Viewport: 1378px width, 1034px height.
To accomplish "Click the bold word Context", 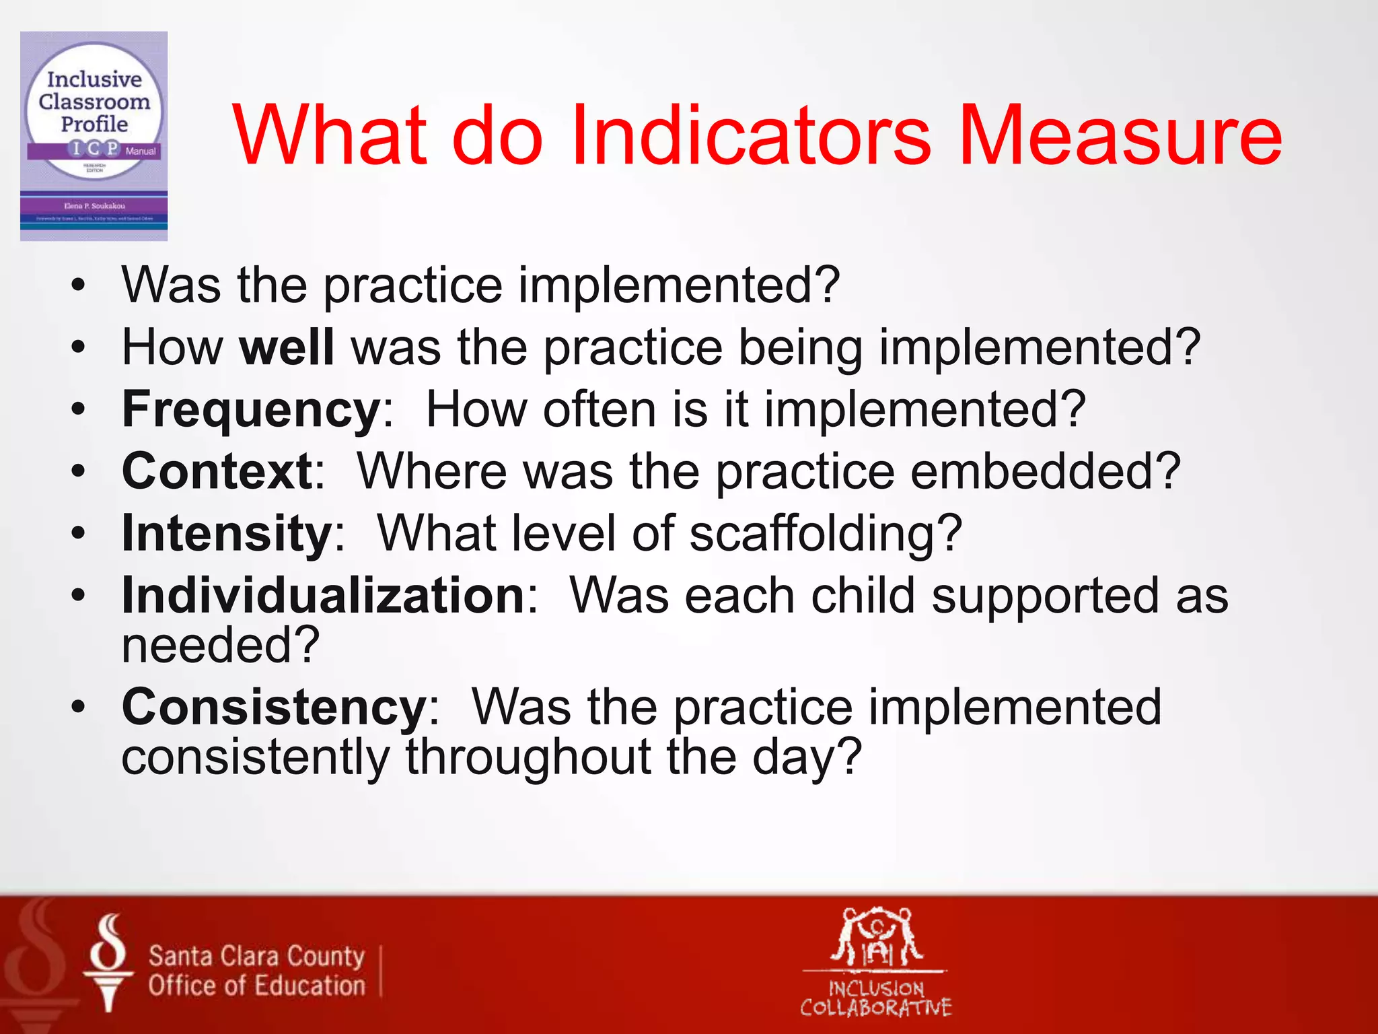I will pyautogui.click(x=217, y=471).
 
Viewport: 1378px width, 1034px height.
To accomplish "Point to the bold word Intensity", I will pyautogui.click(x=227, y=534).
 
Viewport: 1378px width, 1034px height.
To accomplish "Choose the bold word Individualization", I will pyautogui.click(x=323, y=596).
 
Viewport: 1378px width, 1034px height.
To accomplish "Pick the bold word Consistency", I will pyautogui.click(x=274, y=708).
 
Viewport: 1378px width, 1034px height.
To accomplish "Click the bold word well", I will pyautogui.click(x=287, y=347).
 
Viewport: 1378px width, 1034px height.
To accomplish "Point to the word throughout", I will pyautogui.click(x=528, y=757).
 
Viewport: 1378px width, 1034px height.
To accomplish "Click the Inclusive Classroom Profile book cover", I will pyautogui.click(x=94, y=136).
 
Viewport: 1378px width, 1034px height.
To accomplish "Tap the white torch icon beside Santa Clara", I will pyautogui.click(x=108, y=963).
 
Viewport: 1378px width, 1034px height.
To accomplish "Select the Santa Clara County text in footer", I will pyautogui.click(x=256, y=956).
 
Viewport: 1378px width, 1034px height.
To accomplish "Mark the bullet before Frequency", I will pyautogui.click(x=79, y=409).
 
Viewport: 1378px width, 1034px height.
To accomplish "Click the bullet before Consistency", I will pyautogui.click(x=79, y=707).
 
